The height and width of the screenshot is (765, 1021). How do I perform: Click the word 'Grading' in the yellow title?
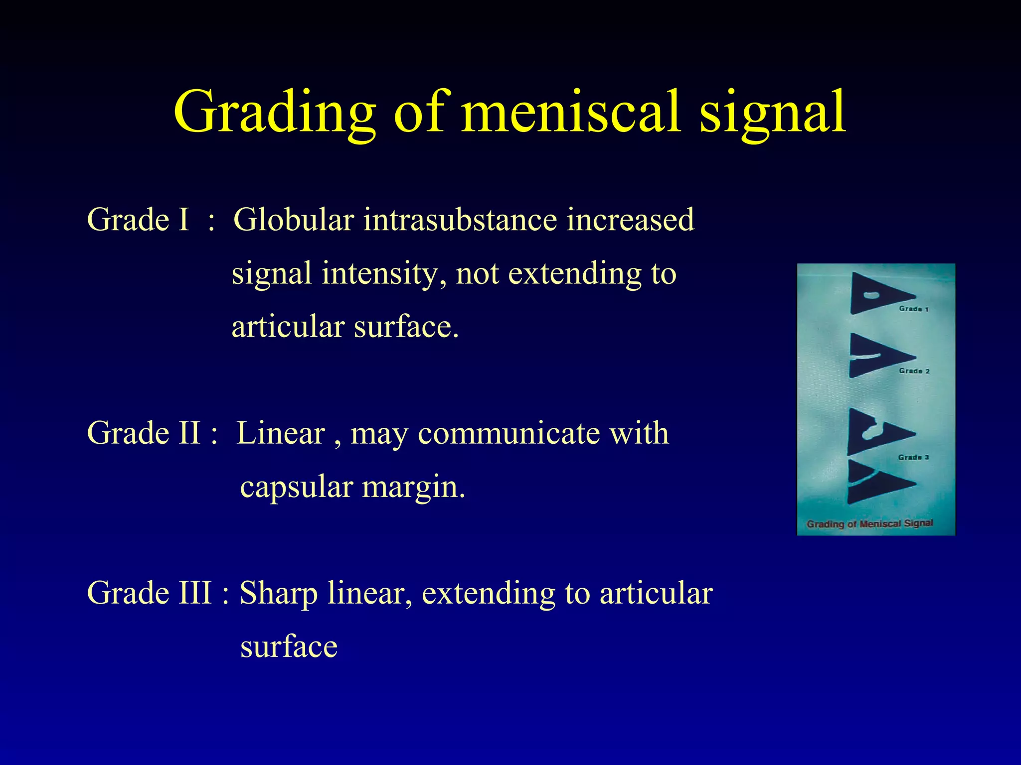pos(275,113)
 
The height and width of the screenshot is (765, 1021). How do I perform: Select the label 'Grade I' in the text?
pos(138,220)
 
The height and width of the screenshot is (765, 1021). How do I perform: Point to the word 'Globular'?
pos(294,220)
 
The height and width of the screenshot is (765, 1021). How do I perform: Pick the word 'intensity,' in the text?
pos(383,274)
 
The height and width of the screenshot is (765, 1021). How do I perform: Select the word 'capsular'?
pos(297,487)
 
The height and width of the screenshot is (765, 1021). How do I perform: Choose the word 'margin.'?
pos(413,488)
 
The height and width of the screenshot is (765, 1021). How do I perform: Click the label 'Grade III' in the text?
pos(149,593)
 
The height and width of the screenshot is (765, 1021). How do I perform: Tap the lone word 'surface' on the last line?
pos(289,647)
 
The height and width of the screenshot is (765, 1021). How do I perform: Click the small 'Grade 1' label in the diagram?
pos(913,309)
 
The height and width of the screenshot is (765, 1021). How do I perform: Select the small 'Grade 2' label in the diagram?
pos(914,371)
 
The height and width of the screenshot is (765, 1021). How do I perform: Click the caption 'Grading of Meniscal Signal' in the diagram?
pos(869,523)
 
